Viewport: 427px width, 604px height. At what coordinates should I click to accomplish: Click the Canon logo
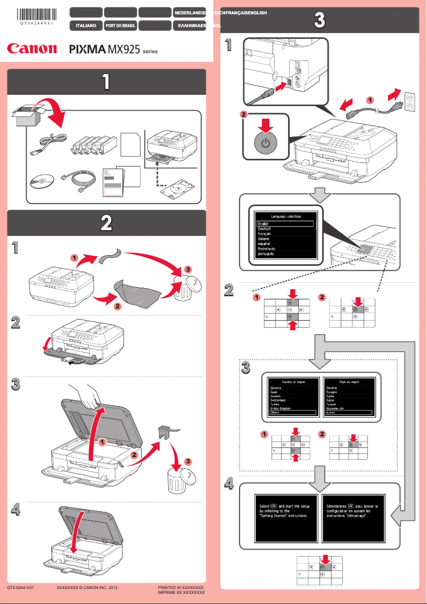coord(32,48)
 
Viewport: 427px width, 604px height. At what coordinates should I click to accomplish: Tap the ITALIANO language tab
coord(86,25)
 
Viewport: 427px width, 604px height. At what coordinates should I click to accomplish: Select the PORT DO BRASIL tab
coord(120,25)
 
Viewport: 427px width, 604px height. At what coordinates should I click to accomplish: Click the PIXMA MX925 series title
coord(113,50)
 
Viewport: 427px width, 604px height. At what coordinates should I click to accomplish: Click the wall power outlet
coord(409,100)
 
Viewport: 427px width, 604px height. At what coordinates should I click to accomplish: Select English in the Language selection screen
coord(285,224)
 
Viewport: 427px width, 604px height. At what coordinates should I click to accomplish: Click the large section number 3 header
coord(319,21)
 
